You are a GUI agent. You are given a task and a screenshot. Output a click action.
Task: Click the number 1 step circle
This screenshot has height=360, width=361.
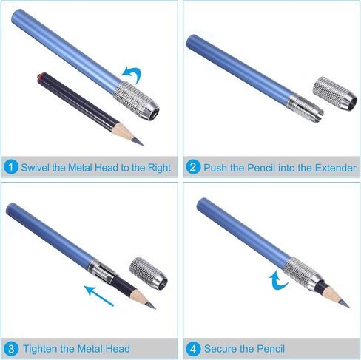[10, 167]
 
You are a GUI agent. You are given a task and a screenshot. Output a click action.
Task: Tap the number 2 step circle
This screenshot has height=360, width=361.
[193, 167]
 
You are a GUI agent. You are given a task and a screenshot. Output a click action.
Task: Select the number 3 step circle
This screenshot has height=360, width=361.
[11, 349]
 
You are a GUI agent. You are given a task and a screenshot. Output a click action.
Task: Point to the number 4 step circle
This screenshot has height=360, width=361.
[193, 349]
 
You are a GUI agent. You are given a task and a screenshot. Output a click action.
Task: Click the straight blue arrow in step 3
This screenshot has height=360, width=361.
[98, 296]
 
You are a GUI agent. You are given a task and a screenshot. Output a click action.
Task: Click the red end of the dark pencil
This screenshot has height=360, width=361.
[40, 75]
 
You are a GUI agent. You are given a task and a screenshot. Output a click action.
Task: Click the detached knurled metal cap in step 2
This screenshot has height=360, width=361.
[335, 93]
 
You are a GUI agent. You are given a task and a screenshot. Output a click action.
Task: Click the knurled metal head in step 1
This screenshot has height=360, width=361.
[136, 101]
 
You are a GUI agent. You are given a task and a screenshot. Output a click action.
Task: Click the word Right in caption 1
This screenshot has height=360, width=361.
[159, 168]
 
